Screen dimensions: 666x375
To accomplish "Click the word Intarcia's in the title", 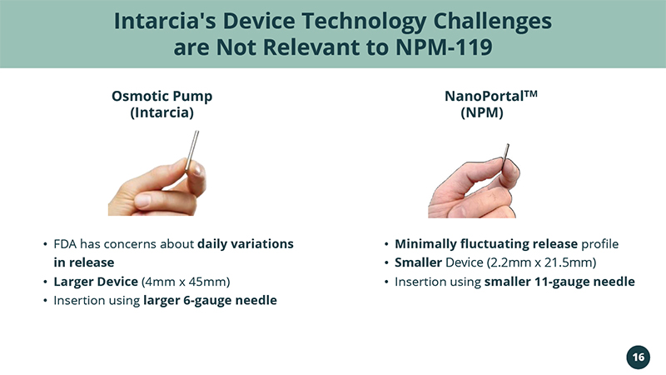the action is [x=165, y=21].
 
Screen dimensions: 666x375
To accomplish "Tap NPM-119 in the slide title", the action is [x=444, y=47].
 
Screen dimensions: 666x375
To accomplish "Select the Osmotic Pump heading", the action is [x=162, y=96].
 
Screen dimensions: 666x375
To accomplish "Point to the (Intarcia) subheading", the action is [x=162, y=112].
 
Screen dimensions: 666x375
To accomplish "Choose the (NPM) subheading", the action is [x=482, y=112].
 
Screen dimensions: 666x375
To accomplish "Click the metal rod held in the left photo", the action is [x=192, y=151].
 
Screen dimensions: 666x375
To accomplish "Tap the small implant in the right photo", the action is [x=505, y=156].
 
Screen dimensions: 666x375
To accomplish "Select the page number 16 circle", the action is [x=638, y=357].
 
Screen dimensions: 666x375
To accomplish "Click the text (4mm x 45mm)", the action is [x=186, y=282].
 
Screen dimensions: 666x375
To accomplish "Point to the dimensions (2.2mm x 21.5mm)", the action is [x=542, y=262].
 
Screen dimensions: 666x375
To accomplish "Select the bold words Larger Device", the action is [x=96, y=282].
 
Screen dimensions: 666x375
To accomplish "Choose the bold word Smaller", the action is [x=419, y=262].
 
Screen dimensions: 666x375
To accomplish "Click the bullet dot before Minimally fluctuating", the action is [x=386, y=244].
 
